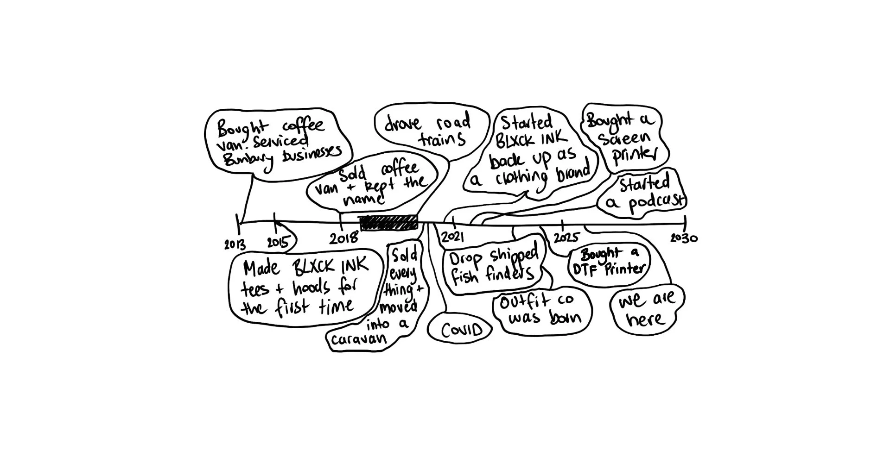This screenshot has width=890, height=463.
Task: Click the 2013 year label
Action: [x=235, y=244]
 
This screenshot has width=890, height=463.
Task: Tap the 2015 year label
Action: [x=278, y=243]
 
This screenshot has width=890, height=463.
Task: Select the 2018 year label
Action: [x=343, y=238]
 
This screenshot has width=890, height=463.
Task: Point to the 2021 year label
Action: [x=452, y=237]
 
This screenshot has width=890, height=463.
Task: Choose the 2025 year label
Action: [x=566, y=238]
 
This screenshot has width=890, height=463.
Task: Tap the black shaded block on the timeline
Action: [x=389, y=223]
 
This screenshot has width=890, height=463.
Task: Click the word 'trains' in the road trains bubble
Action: [x=443, y=139]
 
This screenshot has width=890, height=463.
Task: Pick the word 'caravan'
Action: [x=358, y=339]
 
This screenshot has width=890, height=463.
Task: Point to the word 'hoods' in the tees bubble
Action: [x=311, y=288]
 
